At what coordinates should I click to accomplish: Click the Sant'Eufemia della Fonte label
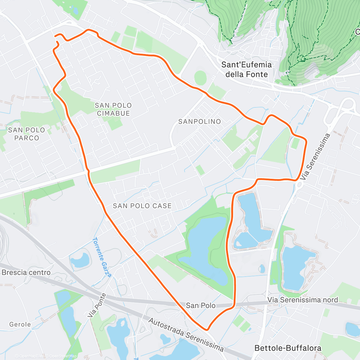click(246, 69)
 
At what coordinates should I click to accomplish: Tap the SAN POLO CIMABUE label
click(113, 109)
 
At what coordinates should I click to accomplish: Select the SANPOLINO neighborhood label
click(199, 121)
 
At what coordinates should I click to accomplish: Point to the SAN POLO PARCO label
click(27, 134)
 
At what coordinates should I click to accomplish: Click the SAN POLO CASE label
click(142, 206)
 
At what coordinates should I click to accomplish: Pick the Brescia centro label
click(26, 273)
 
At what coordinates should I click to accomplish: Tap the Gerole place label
click(20, 324)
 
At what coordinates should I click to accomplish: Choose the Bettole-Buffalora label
click(288, 348)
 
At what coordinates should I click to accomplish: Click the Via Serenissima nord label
click(302, 300)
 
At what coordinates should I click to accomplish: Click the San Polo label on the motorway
click(201, 305)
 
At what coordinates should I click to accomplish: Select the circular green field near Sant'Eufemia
click(200, 78)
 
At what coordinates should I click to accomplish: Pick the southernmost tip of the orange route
click(207, 329)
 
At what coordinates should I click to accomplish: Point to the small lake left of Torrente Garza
click(80, 260)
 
